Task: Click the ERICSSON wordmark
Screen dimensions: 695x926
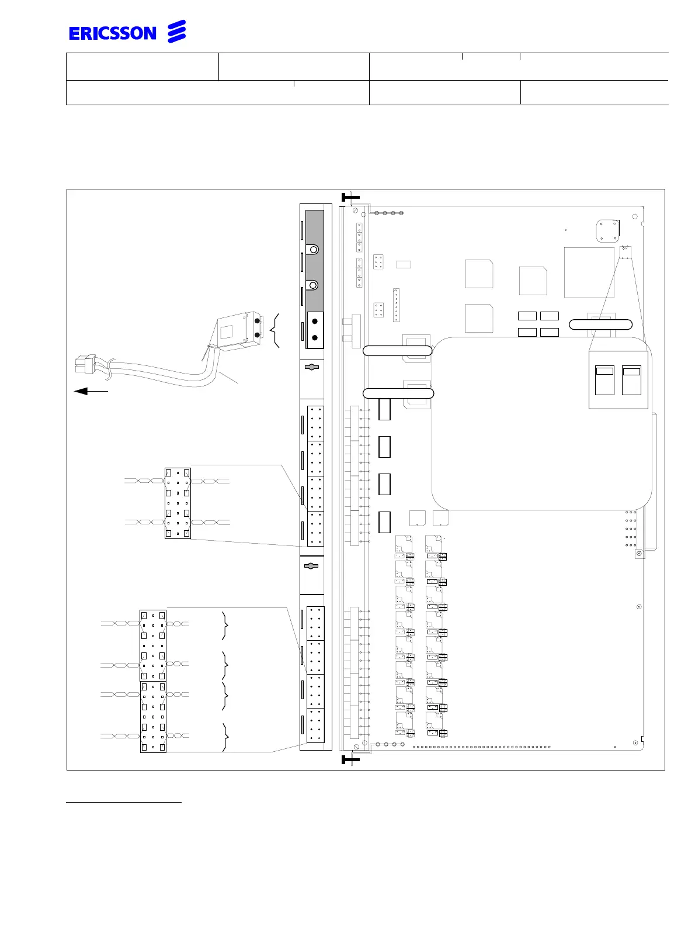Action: coord(113,33)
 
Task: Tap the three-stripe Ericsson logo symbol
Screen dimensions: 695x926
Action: coord(177,32)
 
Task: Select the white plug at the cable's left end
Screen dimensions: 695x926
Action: coord(83,364)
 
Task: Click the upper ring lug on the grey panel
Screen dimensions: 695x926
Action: coord(314,250)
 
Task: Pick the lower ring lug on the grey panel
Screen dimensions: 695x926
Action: coord(314,285)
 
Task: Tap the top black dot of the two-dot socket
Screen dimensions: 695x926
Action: coord(315,322)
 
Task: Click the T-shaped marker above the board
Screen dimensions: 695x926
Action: coord(349,199)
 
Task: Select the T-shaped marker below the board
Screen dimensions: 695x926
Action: coord(349,759)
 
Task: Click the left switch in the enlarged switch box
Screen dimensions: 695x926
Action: coord(604,380)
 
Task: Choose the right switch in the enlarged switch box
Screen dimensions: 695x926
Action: coord(631,380)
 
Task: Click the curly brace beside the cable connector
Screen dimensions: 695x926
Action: coord(275,331)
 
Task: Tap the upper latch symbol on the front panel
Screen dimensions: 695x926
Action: coord(312,367)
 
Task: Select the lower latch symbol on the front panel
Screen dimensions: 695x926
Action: coord(312,566)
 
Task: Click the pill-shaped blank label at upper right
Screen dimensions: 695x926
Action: coord(600,325)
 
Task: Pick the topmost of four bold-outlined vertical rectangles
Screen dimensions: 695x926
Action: coord(384,409)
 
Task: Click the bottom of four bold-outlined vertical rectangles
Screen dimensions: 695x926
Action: coord(384,522)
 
